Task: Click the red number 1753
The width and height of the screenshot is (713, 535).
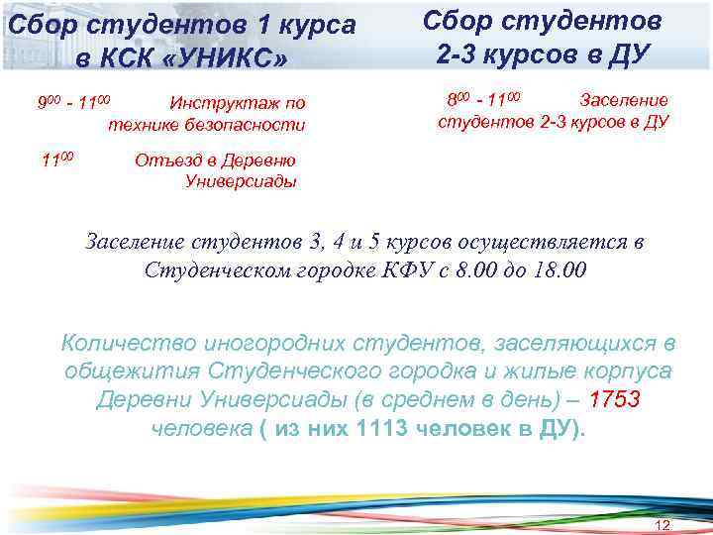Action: click(x=614, y=400)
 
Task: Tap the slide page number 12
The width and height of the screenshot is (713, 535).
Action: click(x=663, y=523)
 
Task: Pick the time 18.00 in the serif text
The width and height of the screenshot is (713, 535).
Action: click(x=559, y=269)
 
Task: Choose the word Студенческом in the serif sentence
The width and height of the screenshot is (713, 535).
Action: click(x=219, y=269)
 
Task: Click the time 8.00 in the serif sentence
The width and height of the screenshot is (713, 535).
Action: click(x=474, y=269)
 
